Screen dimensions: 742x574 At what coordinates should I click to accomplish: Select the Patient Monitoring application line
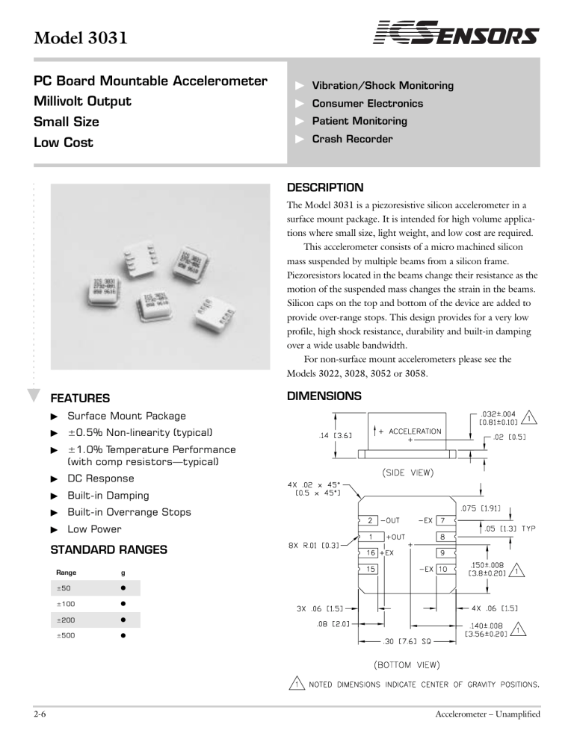tap(359, 121)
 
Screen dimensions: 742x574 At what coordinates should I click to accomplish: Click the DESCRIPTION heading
tap(325, 187)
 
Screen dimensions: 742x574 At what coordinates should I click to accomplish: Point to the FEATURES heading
tap(79, 399)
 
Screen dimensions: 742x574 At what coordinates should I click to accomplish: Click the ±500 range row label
tap(67, 636)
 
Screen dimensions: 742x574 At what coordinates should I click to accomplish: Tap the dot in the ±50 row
tap(122, 587)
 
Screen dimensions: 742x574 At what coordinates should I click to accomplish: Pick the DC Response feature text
tap(101, 478)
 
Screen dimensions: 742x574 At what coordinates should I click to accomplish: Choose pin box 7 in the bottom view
tap(442, 520)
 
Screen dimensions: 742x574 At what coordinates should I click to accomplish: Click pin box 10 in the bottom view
tap(442, 569)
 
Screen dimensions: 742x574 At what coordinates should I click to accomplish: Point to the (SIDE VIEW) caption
tap(409, 471)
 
